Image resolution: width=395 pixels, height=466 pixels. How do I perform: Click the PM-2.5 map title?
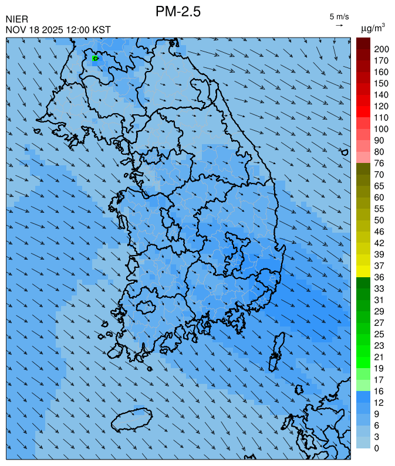click(x=178, y=12)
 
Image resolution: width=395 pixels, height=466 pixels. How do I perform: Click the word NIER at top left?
click(x=16, y=19)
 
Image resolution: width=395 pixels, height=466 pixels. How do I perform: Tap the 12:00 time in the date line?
click(x=77, y=30)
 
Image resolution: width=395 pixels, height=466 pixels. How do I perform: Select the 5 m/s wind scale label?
click(x=339, y=16)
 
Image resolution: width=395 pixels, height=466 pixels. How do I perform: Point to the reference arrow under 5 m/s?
click(x=339, y=25)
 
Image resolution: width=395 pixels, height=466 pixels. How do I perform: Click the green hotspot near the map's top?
click(x=95, y=59)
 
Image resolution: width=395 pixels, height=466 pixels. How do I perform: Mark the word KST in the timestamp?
click(x=100, y=30)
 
